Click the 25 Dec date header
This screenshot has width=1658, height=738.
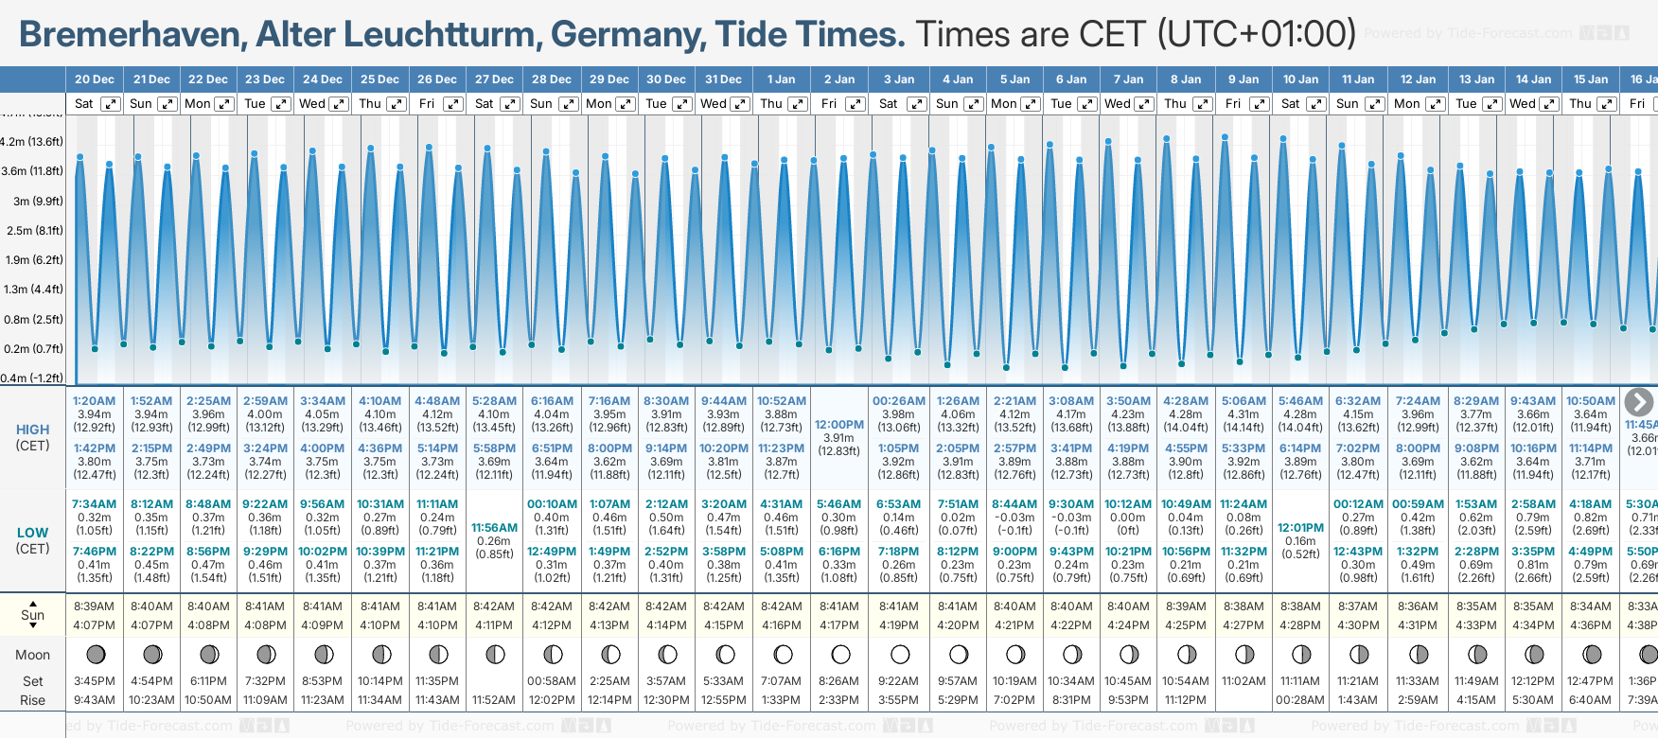pos(379,79)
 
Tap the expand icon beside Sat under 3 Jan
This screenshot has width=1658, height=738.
pos(916,104)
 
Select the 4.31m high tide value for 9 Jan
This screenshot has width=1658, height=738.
pos(1243,414)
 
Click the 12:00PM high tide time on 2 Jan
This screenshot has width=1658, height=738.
pos(839,425)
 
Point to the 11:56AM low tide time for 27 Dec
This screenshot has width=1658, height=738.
pos(494,528)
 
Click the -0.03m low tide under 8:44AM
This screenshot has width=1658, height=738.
pos(1014,518)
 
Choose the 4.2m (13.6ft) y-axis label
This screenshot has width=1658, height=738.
pos(32,142)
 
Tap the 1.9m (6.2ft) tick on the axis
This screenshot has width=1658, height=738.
pos(32,259)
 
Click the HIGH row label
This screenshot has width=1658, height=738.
pos(32,430)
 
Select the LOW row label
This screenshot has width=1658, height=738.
pos(32,533)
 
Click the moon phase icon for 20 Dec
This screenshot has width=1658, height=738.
pos(95,654)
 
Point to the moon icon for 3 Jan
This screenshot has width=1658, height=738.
pos(899,654)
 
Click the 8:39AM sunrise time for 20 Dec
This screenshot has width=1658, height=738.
pos(94,606)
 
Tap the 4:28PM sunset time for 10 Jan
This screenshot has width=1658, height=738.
pos(1300,625)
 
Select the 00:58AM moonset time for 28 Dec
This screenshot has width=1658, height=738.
pos(552,681)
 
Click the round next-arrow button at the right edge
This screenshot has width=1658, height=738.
pos(1638,402)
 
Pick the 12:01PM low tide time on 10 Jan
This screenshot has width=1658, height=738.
pos(1300,528)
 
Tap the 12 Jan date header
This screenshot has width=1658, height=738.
pos(1419,79)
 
